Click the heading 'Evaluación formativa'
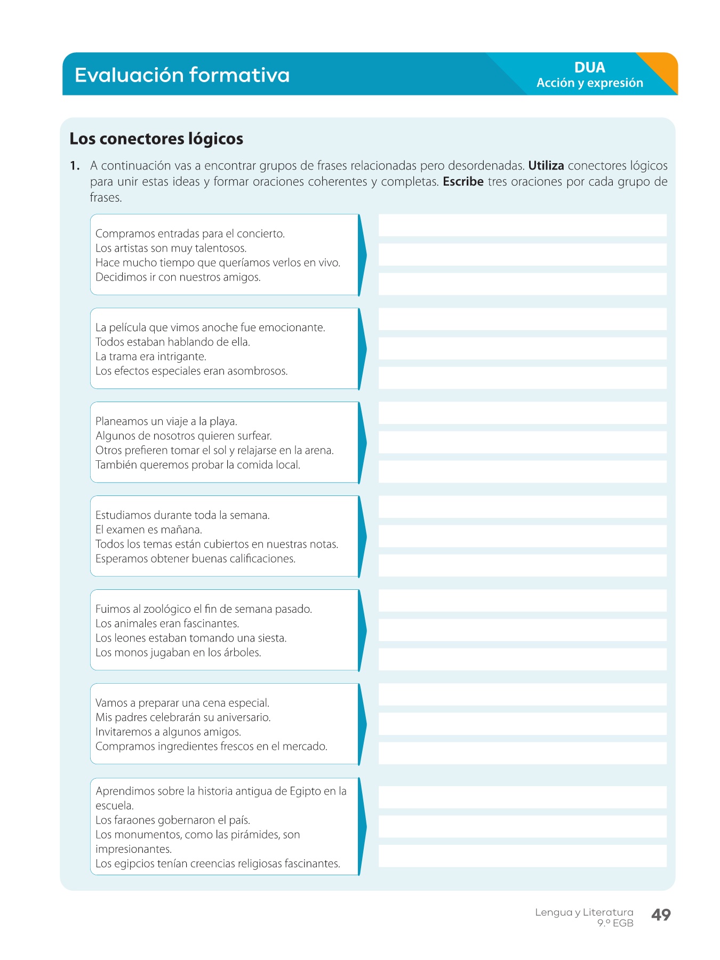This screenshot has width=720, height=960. [x=182, y=75]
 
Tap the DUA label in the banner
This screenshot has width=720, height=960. [x=589, y=67]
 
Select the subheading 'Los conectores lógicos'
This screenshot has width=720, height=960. [x=156, y=139]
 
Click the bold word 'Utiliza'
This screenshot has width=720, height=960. [x=546, y=166]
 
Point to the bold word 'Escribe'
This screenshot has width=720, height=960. [x=463, y=182]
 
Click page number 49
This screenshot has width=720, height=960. [x=661, y=915]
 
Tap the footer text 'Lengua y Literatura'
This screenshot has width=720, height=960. [x=584, y=912]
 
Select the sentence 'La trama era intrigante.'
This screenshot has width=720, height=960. [x=151, y=356]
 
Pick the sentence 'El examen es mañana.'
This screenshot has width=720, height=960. [x=149, y=530]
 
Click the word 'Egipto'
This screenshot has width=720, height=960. [x=305, y=791]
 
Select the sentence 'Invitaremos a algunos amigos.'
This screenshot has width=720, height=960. [x=168, y=732]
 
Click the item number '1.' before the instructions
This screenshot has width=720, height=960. [x=75, y=166]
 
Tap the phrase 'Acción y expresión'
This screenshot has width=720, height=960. [x=589, y=83]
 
